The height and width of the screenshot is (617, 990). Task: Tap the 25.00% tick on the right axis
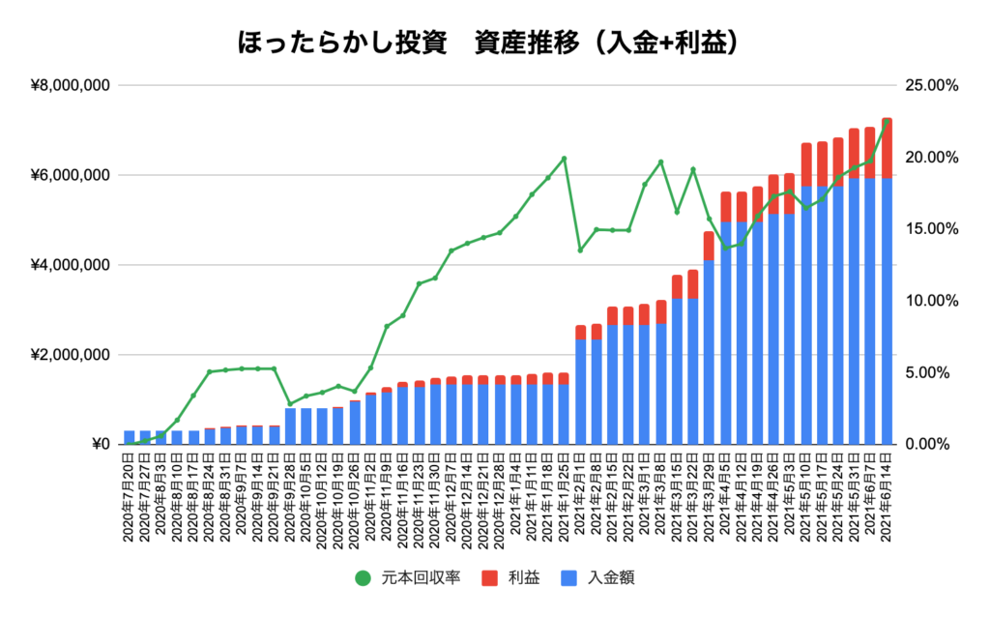click(x=930, y=86)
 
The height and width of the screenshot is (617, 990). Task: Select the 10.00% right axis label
click(x=930, y=301)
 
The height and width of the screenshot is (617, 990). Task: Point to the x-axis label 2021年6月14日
click(x=887, y=493)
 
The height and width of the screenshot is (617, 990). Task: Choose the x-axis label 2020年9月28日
click(x=291, y=493)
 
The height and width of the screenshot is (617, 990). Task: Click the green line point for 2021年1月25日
click(x=564, y=159)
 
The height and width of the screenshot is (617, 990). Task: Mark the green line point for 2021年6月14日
click(x=887, y=121)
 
